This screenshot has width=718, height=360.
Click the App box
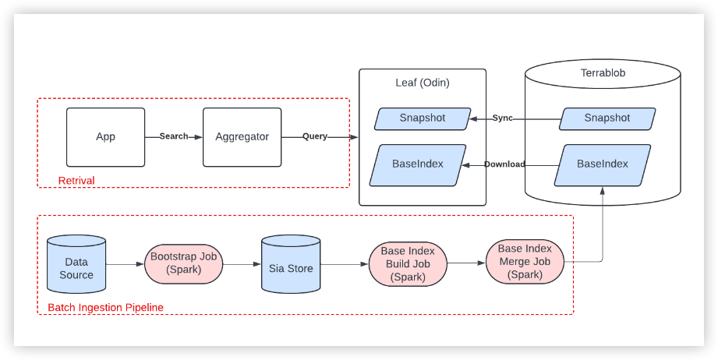105,137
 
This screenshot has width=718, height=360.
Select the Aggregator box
242,137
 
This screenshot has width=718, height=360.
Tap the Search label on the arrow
174,136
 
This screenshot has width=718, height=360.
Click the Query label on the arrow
315,136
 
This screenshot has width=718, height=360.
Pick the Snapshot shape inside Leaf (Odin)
423,118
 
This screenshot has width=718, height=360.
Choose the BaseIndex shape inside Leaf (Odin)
418,164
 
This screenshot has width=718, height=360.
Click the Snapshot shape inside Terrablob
607,118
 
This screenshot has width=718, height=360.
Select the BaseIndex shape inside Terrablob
602,164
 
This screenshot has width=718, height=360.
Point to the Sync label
503,118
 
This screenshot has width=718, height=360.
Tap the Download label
504,164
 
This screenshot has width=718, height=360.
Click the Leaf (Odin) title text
423,83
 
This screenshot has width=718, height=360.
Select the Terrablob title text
603,73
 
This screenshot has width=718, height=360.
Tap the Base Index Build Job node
408,264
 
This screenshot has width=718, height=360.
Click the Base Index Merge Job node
525,262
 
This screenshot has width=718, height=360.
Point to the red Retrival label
76,181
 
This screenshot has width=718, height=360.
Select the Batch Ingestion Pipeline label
106,308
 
